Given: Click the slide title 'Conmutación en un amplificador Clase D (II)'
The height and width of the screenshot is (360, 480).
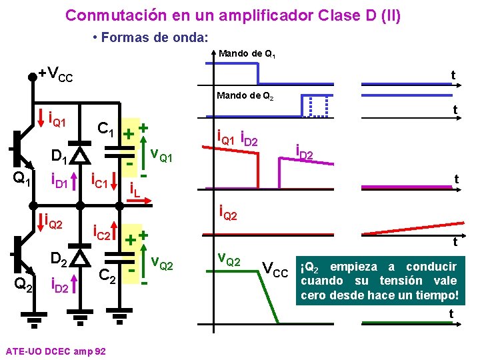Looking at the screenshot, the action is click(x=233, y=15).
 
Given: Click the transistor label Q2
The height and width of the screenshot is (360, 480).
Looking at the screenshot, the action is click(x=23, y=285).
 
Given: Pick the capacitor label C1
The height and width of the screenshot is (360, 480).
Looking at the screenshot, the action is click(x=108, y=128).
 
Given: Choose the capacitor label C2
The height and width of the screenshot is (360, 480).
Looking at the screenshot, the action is click(x=108, y=275).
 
